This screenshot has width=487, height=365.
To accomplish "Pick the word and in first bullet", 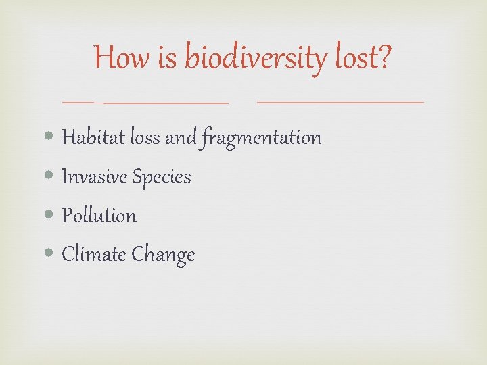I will (181, 138).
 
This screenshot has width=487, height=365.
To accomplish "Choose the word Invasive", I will (94, 177).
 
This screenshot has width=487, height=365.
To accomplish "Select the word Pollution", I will (99, 216).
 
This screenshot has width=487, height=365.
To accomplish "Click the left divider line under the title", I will (145, 102).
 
